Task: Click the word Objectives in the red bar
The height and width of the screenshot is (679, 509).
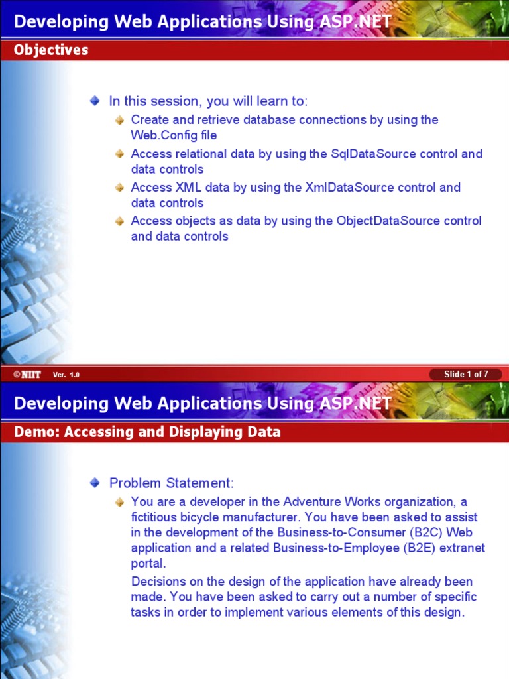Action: click(x=51, y=50)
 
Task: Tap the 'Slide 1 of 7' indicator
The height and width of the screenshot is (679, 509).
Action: click(x=466, y=374)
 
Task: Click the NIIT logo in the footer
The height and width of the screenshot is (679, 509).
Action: click(x=27, y=375)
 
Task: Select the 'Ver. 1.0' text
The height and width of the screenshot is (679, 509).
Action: click(x=66, y=375)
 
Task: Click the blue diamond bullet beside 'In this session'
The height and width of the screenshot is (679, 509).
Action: click(x=95, y=101)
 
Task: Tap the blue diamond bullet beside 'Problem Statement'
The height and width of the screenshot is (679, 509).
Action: click(x=95, y=483)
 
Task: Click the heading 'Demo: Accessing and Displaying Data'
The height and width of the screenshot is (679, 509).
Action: click(x=147, y=432)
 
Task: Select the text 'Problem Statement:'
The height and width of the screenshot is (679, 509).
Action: click(x=172, y=483)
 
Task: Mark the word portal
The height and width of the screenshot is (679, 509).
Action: click(x=147, y=564)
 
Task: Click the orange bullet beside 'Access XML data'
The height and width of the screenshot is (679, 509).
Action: click(x=119, y=188)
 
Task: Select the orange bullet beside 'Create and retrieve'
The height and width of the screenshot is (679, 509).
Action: click(x=119, y=120)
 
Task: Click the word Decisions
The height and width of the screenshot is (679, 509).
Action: click(x=159, y=582)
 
